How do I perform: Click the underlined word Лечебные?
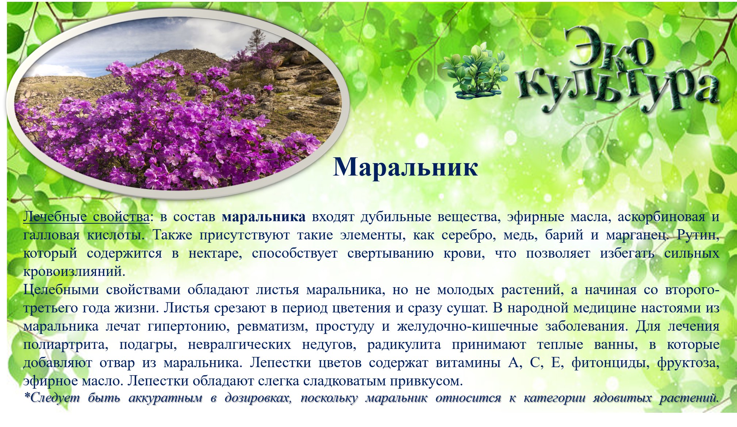[55, 217]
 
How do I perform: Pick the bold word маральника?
[264, 217]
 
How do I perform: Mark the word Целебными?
[61, 290]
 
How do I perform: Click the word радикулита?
[404, 345]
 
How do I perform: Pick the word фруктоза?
[688, 363]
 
